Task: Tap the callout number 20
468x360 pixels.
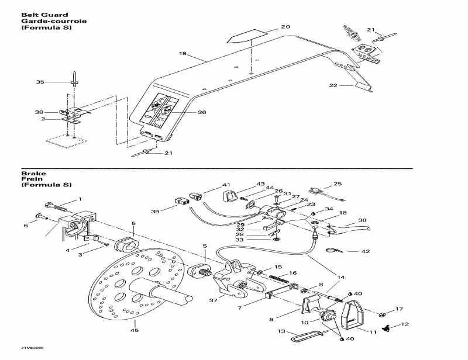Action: (285, 27)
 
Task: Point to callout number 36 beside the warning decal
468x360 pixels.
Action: (202, 113)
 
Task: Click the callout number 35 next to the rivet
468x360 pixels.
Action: (40, 82)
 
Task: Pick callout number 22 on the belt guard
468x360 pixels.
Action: (333, 85)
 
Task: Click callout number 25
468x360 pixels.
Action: (337, 184)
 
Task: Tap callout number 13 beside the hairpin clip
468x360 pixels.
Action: (281, 331)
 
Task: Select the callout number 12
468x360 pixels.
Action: (404, 324)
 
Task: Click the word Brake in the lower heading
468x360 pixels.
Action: (29, 174)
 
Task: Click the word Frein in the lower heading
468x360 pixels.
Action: (29, 179)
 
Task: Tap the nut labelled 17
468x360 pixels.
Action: (381, 310)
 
